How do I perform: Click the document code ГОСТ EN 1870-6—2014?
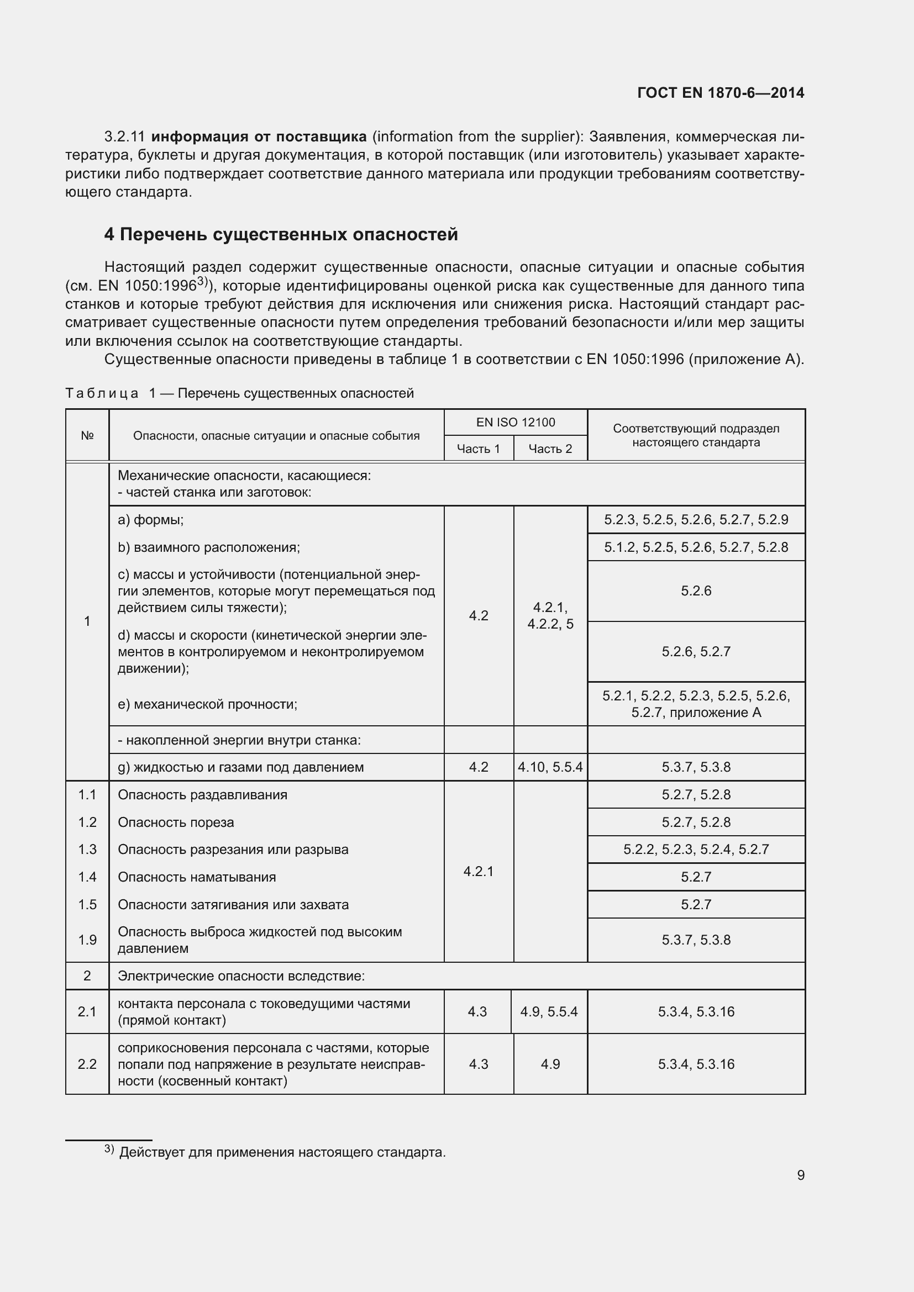[x=721, y=93]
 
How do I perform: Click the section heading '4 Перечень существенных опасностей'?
[x=281, y=234]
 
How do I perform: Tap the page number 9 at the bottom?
[x=800, y=1175]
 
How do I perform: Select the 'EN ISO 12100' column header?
[x=515, y=423]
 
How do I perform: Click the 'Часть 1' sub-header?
[x=478, y=449]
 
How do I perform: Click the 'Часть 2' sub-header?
[x=550, y=449]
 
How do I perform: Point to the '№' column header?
[x=87, y=435]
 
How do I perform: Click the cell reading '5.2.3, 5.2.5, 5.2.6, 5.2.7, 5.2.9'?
[x=696, y=519]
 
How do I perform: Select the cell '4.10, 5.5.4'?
[x=550, y=767]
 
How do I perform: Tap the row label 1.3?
[x=87, y=849]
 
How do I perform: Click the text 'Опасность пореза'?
[x=176, y=822]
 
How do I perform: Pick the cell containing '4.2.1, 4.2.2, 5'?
[x=550, y=615]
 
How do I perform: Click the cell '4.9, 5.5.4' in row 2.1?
[x=549, y=1011]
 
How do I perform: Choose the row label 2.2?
[x=87, y=1063]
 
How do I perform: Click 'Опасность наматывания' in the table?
[x=196, y=877]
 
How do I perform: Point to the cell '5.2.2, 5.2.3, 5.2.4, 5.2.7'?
[x=696, y=849]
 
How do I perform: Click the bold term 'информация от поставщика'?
[x=259, y=137]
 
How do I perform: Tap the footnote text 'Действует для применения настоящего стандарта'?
[x=282, y=1152]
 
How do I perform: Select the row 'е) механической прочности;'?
[x=207, y=704]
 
